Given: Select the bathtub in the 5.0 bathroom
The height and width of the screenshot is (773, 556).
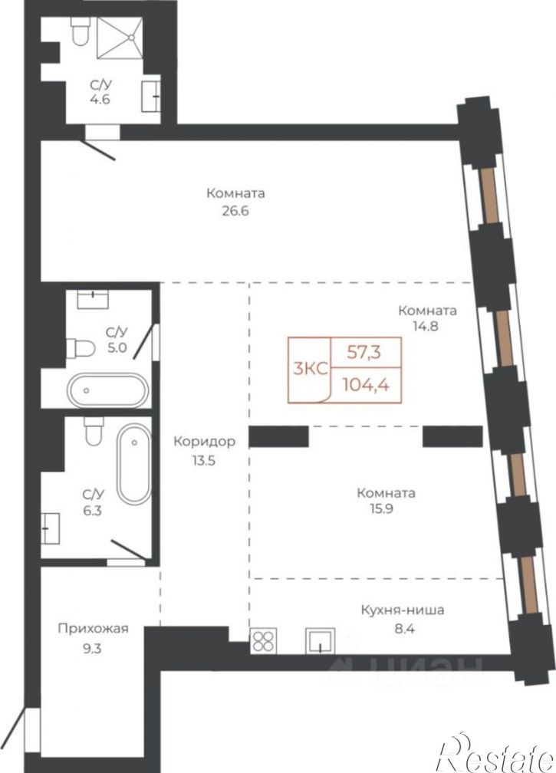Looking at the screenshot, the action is pos(107,390).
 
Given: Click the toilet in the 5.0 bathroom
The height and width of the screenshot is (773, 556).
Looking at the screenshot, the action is pos(81,348).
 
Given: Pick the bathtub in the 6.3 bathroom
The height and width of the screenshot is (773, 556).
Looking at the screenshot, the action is pos(134,464).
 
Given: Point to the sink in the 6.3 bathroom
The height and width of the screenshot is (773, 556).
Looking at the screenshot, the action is pos(51,528).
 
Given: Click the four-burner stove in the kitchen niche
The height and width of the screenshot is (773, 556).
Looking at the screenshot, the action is pos(263,641).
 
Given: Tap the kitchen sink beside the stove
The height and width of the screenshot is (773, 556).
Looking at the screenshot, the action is pos(321,640).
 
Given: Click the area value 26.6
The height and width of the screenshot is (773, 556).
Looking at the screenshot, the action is pos(235,211).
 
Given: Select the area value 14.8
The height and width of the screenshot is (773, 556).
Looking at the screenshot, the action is pos(426,326).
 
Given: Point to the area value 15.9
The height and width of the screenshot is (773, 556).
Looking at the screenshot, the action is pos(386,508).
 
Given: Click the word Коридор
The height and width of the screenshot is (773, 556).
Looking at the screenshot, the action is pos(204,442).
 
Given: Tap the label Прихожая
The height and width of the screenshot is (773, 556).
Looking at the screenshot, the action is pos(93,629).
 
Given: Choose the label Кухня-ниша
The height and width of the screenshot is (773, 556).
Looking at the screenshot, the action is pos(403,610).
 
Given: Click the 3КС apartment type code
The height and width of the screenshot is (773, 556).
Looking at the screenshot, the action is pos(311,369).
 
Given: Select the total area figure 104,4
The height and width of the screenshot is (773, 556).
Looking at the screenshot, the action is pos(367,384).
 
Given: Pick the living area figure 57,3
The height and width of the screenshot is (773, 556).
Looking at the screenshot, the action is pos(365,352).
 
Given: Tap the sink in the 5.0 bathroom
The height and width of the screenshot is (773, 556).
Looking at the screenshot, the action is pos(93,299).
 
